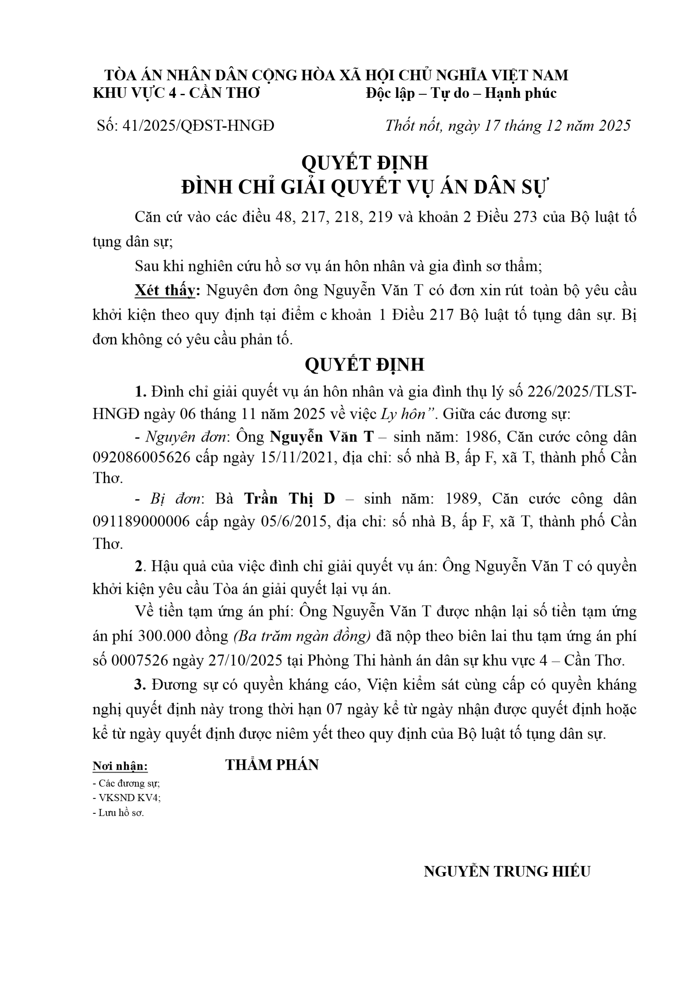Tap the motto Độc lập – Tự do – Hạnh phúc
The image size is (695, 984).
coord(461,93)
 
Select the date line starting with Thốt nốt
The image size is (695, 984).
coord(507,126)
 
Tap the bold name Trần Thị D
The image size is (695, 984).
coord(289,499)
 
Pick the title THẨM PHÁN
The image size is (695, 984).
coord(272,765)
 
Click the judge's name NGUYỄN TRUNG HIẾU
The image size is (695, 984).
coord(507,871)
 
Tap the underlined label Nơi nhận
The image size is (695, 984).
coord(120,767)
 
